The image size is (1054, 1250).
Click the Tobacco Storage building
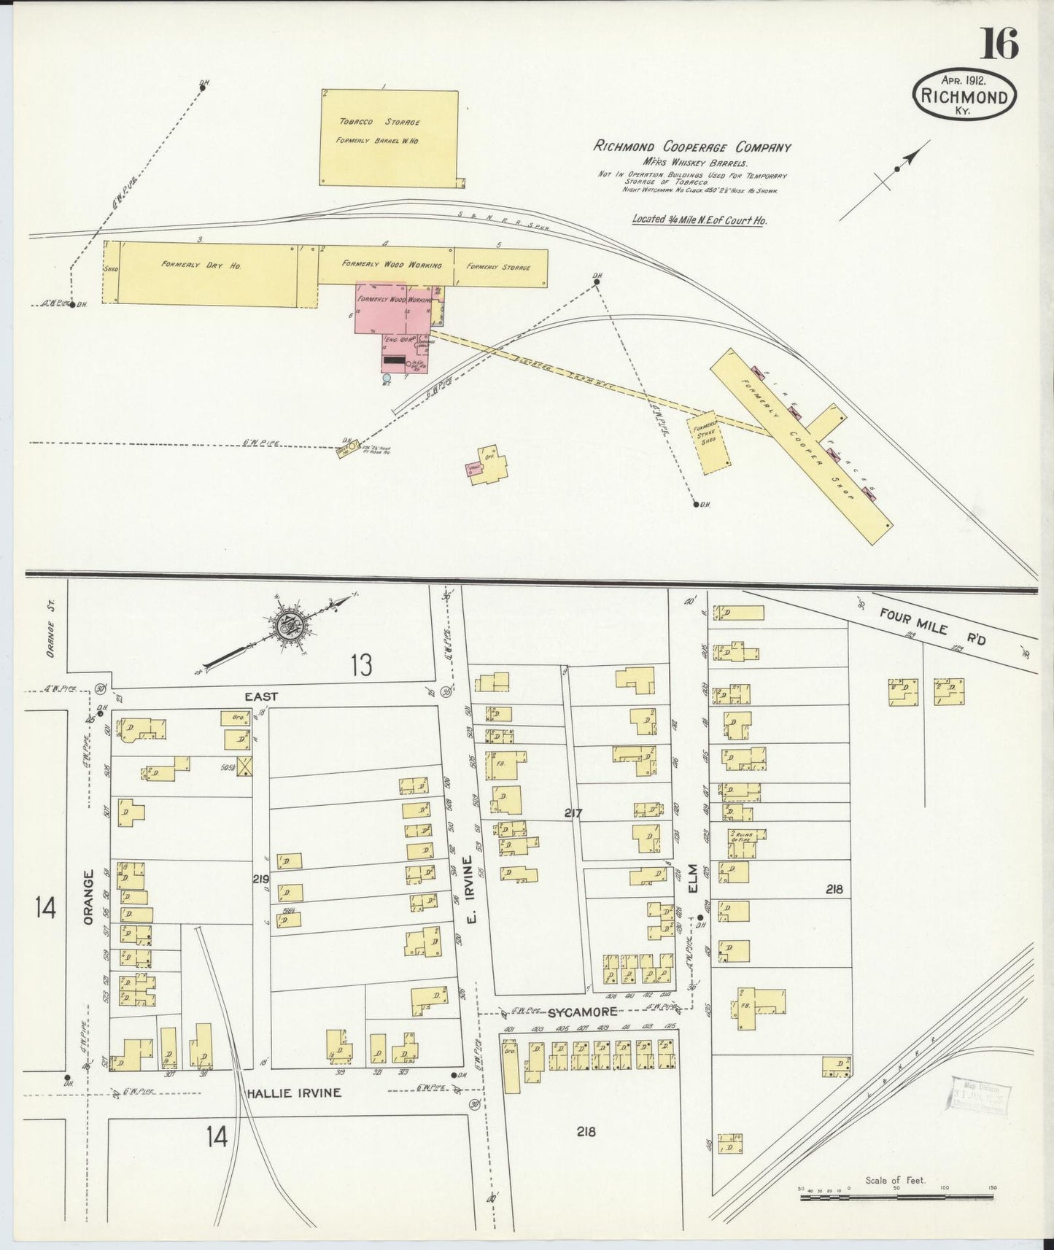[x=389, y=138]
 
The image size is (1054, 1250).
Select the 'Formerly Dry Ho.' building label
[x=201, y=265]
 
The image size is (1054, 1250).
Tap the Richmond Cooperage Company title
[x=691, y=147]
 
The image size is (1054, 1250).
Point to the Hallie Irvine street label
[x=292, y=1092]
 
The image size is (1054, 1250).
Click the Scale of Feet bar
[x=896, y=1197]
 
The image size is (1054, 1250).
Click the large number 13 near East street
[x=360, y=664]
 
